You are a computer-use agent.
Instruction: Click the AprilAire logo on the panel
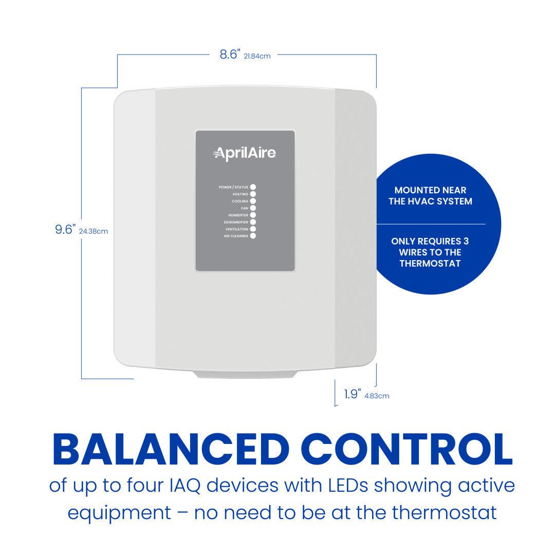(245, 153)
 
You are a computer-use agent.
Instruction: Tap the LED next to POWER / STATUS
(253, 187)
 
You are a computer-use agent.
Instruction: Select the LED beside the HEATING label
(253, 194)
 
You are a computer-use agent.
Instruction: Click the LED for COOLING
(253, 201)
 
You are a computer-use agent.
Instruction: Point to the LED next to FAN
(253, 208)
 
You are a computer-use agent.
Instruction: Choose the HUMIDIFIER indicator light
(253, 215)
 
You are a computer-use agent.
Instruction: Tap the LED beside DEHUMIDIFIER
(253, 222)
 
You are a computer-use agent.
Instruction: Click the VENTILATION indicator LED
(253, 229)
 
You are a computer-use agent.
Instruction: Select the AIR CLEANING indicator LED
(253, 236)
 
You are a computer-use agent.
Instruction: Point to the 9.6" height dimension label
(66, 230)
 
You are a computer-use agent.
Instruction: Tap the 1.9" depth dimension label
(353, 395)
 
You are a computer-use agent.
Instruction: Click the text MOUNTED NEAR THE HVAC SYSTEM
(430, 196)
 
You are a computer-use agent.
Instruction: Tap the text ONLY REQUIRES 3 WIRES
(430, 252)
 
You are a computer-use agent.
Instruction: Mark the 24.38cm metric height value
(94, 231)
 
